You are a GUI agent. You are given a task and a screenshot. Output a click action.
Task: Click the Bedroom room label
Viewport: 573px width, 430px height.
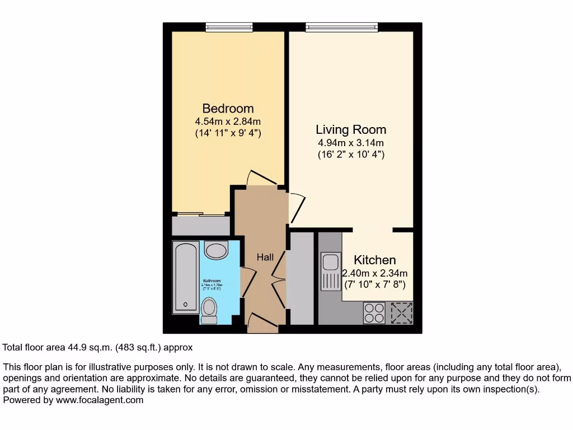tap(228, 108)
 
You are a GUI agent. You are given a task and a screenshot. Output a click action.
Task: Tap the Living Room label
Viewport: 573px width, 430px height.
tap(351, 130)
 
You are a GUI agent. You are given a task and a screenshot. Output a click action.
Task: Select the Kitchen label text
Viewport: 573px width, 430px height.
tap(375, 260)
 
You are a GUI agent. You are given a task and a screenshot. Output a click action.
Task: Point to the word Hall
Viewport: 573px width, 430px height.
tap(265, 257)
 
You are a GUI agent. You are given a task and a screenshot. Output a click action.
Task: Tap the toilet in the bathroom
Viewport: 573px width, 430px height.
tap(209, 310)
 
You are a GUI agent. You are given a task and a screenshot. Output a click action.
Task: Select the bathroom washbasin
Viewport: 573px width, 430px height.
tap(215, 250)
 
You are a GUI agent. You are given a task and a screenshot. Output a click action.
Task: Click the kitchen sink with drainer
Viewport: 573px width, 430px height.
tap(330, 272)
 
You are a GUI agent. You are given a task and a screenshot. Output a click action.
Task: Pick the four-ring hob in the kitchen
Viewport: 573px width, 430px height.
tap(374, 312)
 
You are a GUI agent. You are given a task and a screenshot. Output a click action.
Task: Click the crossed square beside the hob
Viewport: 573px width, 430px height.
tap(401, 312)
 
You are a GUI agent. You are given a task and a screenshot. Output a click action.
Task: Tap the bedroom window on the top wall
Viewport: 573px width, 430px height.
tap(229, 26)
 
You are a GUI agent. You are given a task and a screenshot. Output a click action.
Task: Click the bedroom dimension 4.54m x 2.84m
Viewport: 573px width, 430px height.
tap(228, 121)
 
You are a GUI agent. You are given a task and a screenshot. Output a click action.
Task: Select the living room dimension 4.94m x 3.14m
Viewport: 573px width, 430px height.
tap(351, 142)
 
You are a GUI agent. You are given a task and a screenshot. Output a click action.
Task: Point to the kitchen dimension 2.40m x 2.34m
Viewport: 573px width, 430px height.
tap(375, 273)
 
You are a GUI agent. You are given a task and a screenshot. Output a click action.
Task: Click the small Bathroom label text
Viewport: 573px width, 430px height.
tap(212, 281)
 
